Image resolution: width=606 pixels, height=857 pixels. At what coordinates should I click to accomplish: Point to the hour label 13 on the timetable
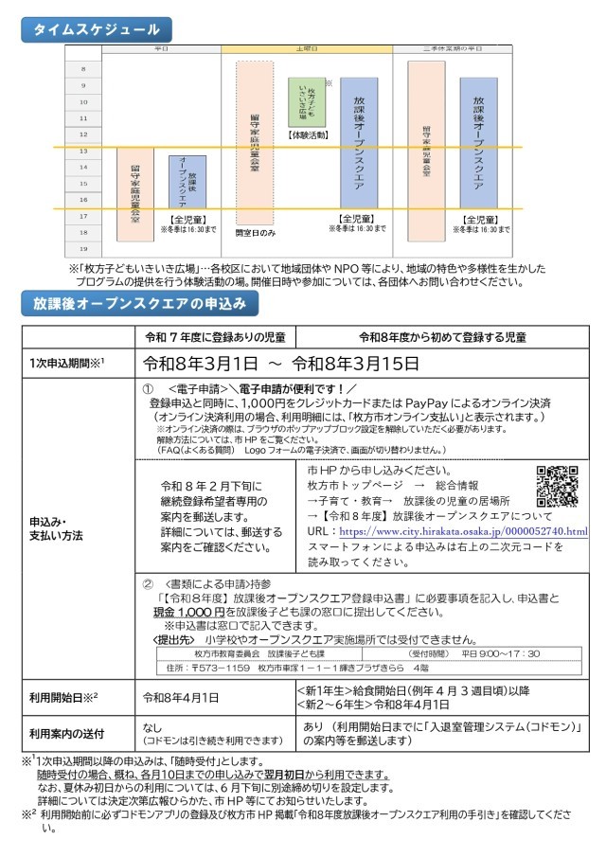point(83,151)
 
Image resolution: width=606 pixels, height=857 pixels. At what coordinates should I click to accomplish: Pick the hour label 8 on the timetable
point(83,69)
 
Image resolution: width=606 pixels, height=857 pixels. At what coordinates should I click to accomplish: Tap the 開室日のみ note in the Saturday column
point(256,232)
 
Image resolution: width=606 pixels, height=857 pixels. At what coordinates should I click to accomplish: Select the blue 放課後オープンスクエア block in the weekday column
point(187,182)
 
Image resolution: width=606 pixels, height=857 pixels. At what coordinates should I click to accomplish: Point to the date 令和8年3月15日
point(355,363)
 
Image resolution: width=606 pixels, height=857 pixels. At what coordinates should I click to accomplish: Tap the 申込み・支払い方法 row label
point(59,528)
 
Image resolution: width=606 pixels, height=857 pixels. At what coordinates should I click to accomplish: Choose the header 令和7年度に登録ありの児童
point(215,336)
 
